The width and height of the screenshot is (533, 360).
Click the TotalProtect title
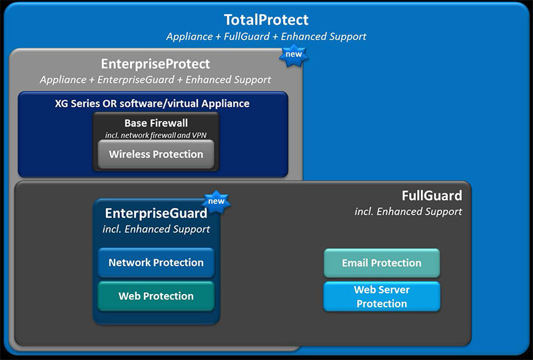click(266, 20)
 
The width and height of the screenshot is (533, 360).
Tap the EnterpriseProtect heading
click(155, 64)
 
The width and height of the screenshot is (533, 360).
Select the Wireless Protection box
click(156, 154)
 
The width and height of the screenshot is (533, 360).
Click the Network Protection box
click(156, 263)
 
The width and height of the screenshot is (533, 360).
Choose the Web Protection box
click(156, 296)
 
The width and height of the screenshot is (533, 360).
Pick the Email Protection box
click(382, 263)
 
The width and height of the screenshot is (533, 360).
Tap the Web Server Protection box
click(382, 297)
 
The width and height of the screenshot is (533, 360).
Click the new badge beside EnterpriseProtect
click(294, 55)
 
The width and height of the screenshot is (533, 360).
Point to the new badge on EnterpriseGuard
click(216, 201)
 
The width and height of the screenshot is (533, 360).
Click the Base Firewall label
click(156, 123)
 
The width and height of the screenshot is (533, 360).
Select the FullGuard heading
click(432, 195)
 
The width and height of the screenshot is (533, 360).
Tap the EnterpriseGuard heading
click(156, 213)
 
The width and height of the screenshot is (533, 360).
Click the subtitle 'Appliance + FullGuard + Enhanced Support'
click(266, 37)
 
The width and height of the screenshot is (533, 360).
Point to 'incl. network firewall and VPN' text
click(156, 135)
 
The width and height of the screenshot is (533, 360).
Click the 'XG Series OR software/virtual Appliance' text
click(153, 103)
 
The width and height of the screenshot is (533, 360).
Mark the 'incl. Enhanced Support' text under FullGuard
click(408, 211)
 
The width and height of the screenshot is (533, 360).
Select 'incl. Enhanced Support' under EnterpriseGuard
click(156, 229)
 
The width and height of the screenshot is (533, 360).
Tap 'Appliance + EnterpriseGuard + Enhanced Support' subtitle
click(155, 79)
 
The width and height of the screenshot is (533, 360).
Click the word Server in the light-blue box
click(394, 289)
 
